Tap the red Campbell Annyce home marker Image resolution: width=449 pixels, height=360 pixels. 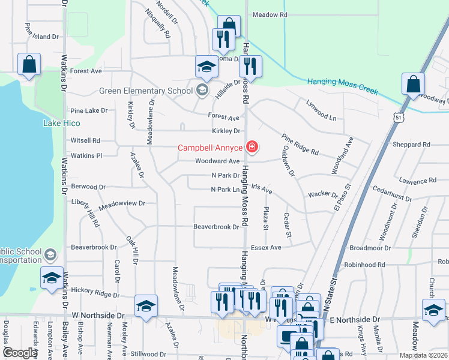[x=253, y=147]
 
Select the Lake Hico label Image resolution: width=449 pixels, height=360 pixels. [x=61, y=123]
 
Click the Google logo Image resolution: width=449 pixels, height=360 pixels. [x=20, y=353]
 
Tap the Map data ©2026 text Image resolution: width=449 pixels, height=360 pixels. [x=423, y=355]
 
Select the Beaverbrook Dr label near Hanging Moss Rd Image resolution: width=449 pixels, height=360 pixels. [x=216, y=227]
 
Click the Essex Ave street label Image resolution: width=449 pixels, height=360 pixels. [x=266, y=247]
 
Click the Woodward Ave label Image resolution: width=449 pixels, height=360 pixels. [x=217, y=161]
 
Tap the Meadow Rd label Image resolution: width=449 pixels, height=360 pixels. [x=270, y=14]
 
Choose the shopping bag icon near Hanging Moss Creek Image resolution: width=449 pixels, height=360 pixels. [x=414, y=85]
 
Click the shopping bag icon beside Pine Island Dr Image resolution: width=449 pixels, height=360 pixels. [x=29, y=65]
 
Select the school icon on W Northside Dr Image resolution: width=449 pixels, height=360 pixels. [x=146, y=306]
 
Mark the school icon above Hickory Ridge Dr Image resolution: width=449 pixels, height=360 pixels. [x=52, y=278]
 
